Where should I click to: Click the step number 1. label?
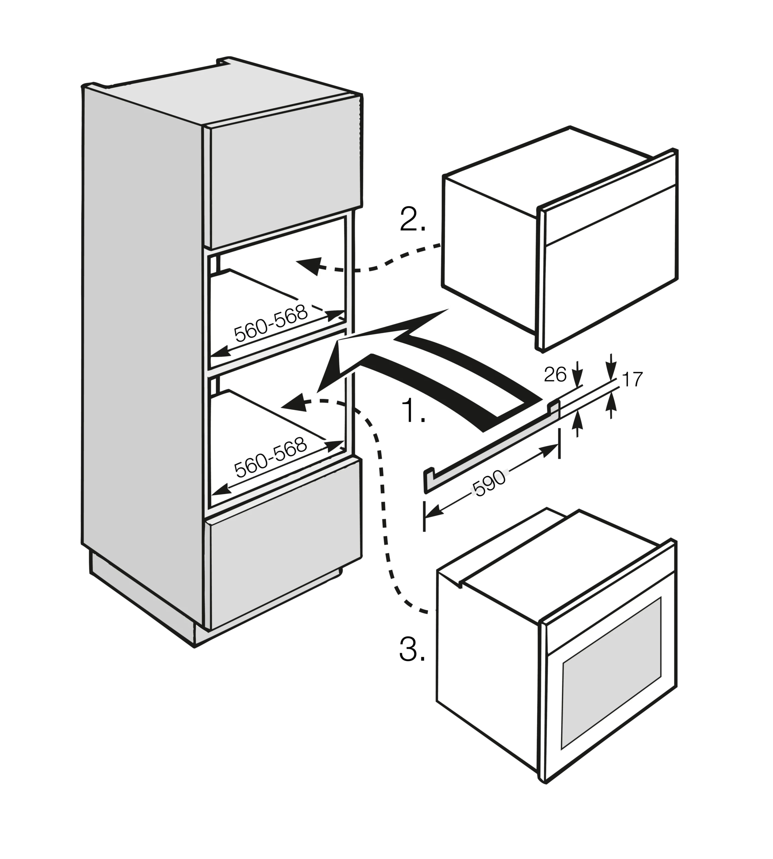pos(413,411)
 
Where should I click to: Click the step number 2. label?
pos(412,220)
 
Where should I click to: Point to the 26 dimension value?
pos(555,375)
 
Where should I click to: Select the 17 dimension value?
pos(632,380)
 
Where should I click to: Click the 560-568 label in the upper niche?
pos(270,324)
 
